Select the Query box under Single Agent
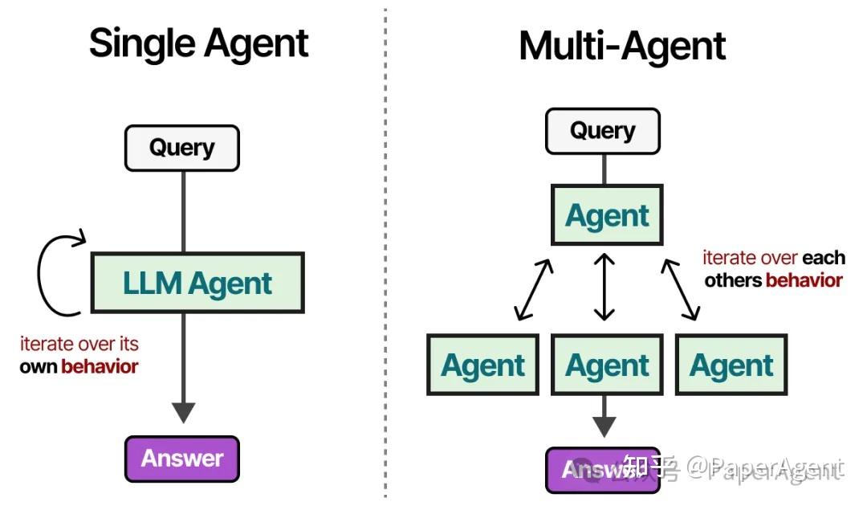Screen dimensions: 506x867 [x=181, y=148]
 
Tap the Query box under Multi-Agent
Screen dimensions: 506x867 [x=602, y=131]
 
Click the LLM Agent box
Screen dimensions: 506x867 [x=197, y=283]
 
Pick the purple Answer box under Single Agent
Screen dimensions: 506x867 [x=182, y=459]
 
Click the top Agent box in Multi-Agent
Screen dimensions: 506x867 [x=607, y=215]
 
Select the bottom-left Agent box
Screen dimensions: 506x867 [x=482, y=365]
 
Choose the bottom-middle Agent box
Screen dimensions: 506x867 [x=607, y=365]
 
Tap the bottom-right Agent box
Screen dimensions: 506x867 [x=731, y=365]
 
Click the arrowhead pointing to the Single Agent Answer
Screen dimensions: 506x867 [x=183, y=412]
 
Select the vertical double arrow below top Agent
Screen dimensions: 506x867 [x=604, y=287]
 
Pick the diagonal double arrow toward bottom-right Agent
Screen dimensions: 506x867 [x=680, y=289]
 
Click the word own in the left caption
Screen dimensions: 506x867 [x=39, y=367]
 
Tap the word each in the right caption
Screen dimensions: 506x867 [x=824, y=258]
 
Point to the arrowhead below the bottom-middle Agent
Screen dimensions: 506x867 [x=604, y=426]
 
